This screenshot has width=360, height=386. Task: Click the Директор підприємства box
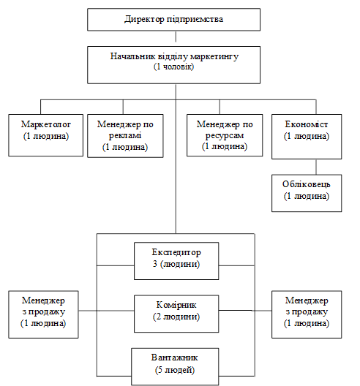click(x=173, y=20)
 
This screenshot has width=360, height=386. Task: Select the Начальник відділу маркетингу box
click(x=173, y=65)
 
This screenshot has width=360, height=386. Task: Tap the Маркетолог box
click(x=45, y=135)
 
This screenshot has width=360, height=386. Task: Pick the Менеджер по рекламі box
click(x=125, y=136)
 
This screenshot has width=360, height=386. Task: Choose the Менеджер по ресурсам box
click(x=225, y=135)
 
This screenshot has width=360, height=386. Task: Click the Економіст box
click(x=307, y=137)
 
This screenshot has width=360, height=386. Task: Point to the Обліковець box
click(x=307, y=193)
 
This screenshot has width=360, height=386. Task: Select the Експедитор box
click(x=176, y=261)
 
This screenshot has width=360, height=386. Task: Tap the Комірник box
click(x=176, y=314)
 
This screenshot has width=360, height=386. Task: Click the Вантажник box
click(x=175, y=366)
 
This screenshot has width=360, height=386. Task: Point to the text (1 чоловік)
click(x=173, y=67)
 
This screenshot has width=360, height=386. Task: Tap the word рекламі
click(x=125, y=135)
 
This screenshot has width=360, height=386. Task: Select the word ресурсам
click(x=225, y=135)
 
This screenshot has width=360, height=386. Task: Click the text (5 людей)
click(x=175, y=370)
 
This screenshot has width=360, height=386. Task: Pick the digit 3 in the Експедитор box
click(x=154, y=264)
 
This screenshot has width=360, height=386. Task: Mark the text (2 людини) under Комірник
click(x=176, y=317)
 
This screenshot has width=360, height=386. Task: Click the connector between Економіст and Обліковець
click(x=316, y=167)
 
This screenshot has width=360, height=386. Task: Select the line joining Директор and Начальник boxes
click(x=176, y=37)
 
